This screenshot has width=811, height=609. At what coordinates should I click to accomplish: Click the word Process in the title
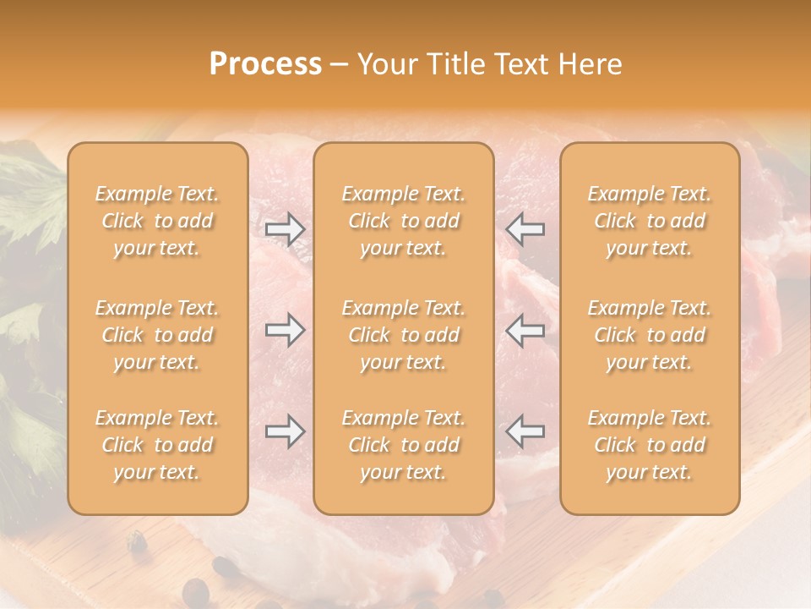click(x=265, y=64)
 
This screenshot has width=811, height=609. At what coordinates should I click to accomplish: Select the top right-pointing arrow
click(x=286, y=228)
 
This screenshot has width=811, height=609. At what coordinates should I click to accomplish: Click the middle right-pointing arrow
click(x=286, y=330)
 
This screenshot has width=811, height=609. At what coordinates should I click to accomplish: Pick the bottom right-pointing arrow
click(x=286, y=431)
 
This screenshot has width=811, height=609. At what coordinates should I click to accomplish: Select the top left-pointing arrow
click(x=525, y=228)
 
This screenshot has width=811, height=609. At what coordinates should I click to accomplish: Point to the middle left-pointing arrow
click(x=525, y=330)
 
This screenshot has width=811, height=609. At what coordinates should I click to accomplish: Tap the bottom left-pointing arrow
click(x=525, y=431)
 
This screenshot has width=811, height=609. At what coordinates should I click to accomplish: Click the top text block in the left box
click(x=157, y=221)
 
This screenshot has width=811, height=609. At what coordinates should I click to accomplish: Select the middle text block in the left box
click(x=157, y=335)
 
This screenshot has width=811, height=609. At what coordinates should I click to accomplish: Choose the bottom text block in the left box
click(x=157, y=445)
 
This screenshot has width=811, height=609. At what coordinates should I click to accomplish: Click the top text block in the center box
click(x=404, y=221)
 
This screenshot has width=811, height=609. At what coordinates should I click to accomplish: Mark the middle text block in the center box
click(x=404, y=335)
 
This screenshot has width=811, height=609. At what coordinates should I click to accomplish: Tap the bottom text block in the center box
click(x=404, y=445)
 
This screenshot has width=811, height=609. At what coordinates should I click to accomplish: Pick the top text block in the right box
click(x=650, y=221)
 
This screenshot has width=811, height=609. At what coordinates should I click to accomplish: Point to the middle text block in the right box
click(x=650, y=335)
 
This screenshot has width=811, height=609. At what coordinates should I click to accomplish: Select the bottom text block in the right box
click(x=650, y=445)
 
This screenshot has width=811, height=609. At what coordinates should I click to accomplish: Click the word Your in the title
click(x=385, y=64)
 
